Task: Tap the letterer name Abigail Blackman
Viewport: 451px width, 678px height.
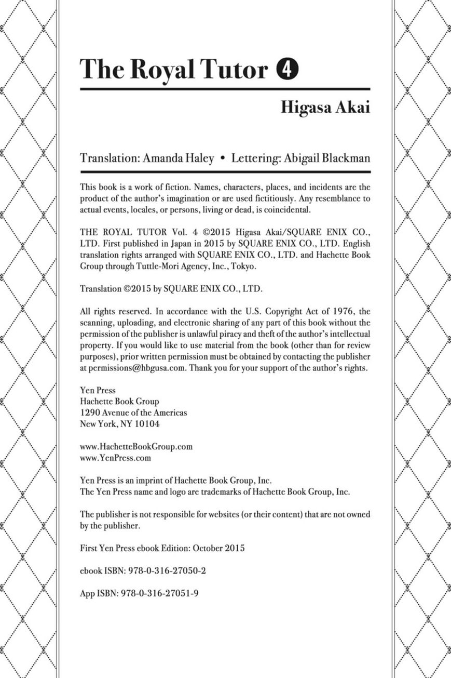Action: tap(327, 158)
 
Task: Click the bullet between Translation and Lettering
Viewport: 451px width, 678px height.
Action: tap(222, 158)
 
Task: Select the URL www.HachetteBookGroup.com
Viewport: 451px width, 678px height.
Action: tap(136, 446)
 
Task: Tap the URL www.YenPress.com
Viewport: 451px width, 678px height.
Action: tap(116, 458)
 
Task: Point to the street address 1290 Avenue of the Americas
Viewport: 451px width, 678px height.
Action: tap(133, 413)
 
